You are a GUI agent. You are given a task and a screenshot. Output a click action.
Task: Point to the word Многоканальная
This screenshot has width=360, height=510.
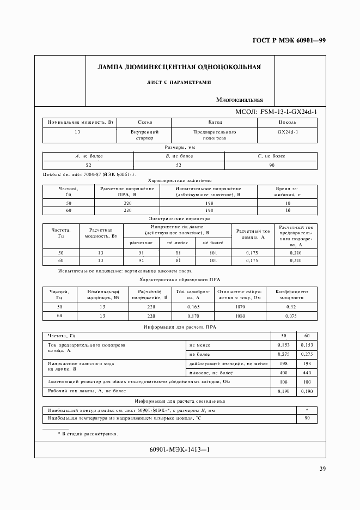239,100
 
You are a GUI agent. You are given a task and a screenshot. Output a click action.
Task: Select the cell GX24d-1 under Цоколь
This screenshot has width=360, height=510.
287,132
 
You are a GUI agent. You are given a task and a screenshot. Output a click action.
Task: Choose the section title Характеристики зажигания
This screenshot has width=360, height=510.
180,180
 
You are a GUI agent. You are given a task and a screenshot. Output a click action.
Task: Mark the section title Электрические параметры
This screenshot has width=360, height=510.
180,218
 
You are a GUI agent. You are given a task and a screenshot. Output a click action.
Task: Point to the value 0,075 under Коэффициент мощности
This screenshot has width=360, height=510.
295,315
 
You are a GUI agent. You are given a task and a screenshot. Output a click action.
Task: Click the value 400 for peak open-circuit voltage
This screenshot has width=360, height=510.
283,372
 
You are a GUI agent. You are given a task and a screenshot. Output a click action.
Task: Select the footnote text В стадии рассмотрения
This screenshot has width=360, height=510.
90,434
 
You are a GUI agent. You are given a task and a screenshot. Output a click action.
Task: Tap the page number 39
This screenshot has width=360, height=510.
322,470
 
